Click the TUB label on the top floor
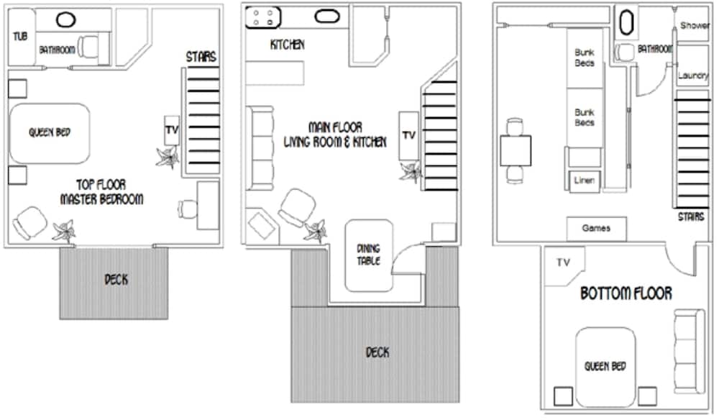coord(20,36)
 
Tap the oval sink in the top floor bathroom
coord(66,19)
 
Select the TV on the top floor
coord(172,130)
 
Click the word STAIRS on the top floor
coord(201,57)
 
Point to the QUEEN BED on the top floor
coord(50,134)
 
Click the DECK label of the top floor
coord(116,280)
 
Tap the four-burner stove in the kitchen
coord(263,17)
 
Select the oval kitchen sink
coord(327,17)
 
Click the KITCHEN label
coord(288,45)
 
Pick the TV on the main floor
coord(408,136)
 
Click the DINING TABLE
coord(369,255)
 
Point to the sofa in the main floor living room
coord(260,148)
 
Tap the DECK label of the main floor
coord(377,352)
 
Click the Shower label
coord(695,26)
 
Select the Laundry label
coord(693,76)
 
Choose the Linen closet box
coord(584,181)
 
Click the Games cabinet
coord(597,229)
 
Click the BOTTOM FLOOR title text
coord(626,293)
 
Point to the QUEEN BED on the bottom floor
coord(605,367)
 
